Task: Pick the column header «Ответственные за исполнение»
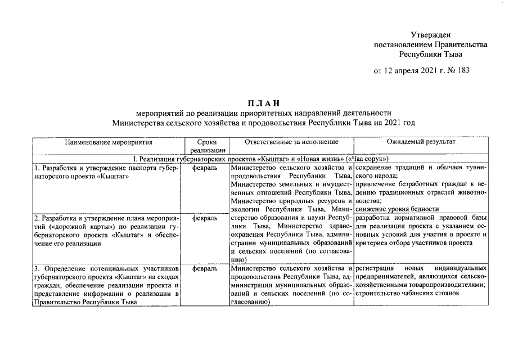tap(292, 142)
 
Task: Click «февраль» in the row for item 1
tap(205, 168)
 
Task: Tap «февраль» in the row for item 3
tap(205, 269)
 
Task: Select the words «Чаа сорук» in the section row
tap(371, 159)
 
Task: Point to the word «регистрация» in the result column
tap(376, 269)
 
